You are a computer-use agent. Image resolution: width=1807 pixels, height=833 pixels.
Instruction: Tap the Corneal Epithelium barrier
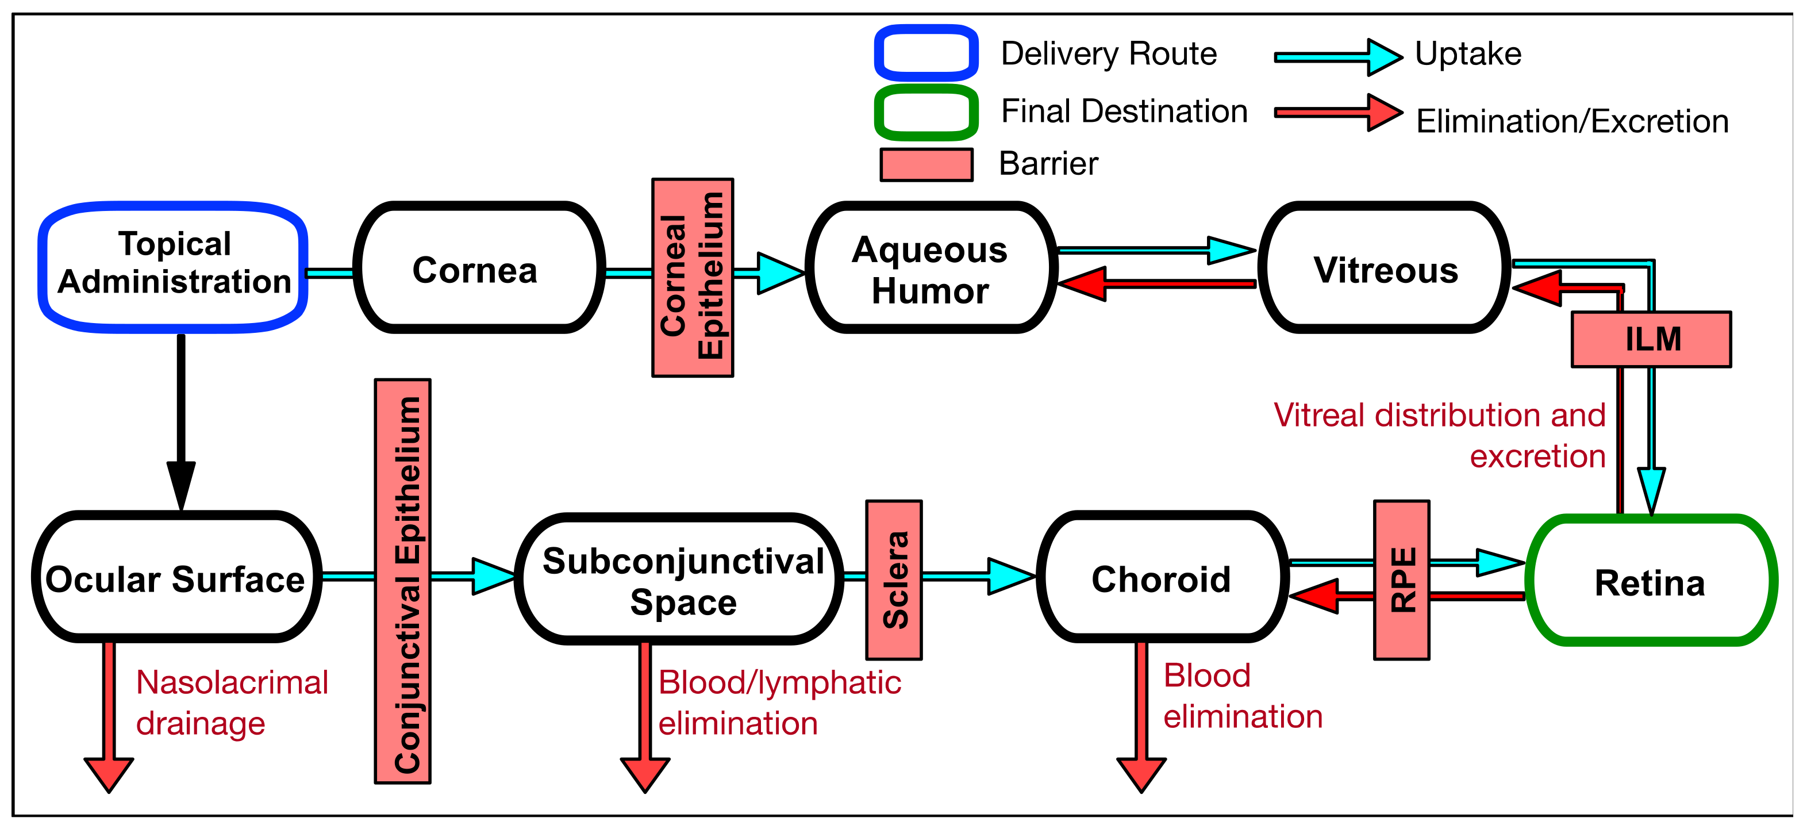pyautogui.click(x=693, y=277)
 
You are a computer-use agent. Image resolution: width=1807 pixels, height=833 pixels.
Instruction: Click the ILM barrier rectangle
pyautogui.click(x=1651, y=339)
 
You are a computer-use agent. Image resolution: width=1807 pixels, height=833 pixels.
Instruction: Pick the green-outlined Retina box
pyautogui.click(x=1651, y=581)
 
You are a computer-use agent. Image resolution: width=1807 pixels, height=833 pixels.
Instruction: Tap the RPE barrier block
pyautogui.click(x=1401, y=579)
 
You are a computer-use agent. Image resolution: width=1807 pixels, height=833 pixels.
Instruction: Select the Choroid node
pyautogui.click(x=1161, y=578)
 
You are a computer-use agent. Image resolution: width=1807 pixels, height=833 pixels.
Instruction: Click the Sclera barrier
pyautogui.click(x=894, y=579)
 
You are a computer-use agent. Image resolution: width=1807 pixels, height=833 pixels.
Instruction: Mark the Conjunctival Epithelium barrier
pyautogui.click(x=403, y=581)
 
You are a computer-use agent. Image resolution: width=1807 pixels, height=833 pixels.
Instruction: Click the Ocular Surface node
pyautogui.click(x=175, y=578)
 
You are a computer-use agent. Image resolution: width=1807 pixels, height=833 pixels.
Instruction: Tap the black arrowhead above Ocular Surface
pyautogui.click(x=181, y=484)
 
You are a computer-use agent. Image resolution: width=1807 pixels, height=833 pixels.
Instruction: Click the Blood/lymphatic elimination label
pyautogui.click(x=779, y=702)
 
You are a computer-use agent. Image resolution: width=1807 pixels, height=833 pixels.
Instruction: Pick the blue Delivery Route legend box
pyautogui.click(x=925, y=53)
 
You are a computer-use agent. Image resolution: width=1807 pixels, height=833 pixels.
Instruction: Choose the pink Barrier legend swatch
pyautogui.click(x=925, y=164)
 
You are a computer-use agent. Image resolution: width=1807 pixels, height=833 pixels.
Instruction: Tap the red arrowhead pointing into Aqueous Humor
pyautogui.click(x=1084, y=283)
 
